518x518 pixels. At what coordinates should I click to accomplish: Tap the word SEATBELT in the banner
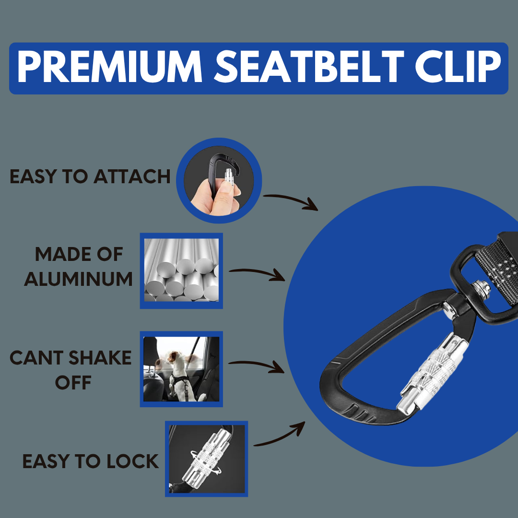coord(309,68)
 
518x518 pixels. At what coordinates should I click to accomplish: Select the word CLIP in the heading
coord(458,68)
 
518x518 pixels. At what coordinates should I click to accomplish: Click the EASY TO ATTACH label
coord(90,177)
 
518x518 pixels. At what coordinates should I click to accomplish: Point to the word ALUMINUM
coord(78,279)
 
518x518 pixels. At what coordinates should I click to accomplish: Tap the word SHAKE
coord(100,358)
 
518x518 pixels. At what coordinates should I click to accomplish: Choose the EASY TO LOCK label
coord(91,461)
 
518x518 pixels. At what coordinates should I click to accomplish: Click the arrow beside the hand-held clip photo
coord(291,201)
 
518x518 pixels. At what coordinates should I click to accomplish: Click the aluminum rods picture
coord(181,271)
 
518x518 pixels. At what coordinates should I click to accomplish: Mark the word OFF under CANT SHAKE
coord(73,383)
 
